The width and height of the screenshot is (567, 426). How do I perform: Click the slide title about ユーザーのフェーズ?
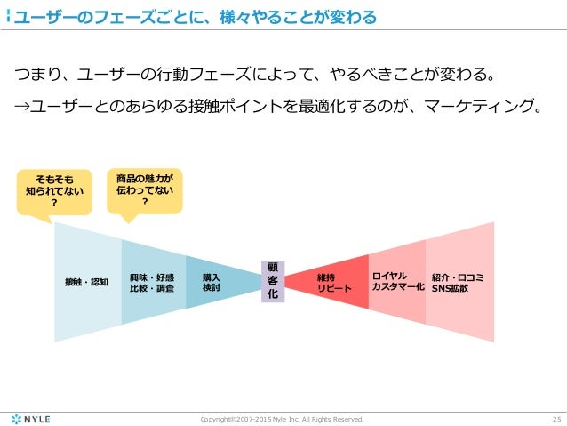191,17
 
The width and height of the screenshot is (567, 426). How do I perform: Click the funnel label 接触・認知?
86,282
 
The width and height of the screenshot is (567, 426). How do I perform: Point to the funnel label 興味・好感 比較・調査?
152,282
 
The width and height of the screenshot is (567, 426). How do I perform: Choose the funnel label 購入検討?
211,282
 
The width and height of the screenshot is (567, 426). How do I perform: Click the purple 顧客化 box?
272,281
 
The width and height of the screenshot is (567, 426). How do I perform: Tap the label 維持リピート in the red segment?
334,283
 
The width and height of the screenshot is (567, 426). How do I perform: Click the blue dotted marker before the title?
8,17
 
